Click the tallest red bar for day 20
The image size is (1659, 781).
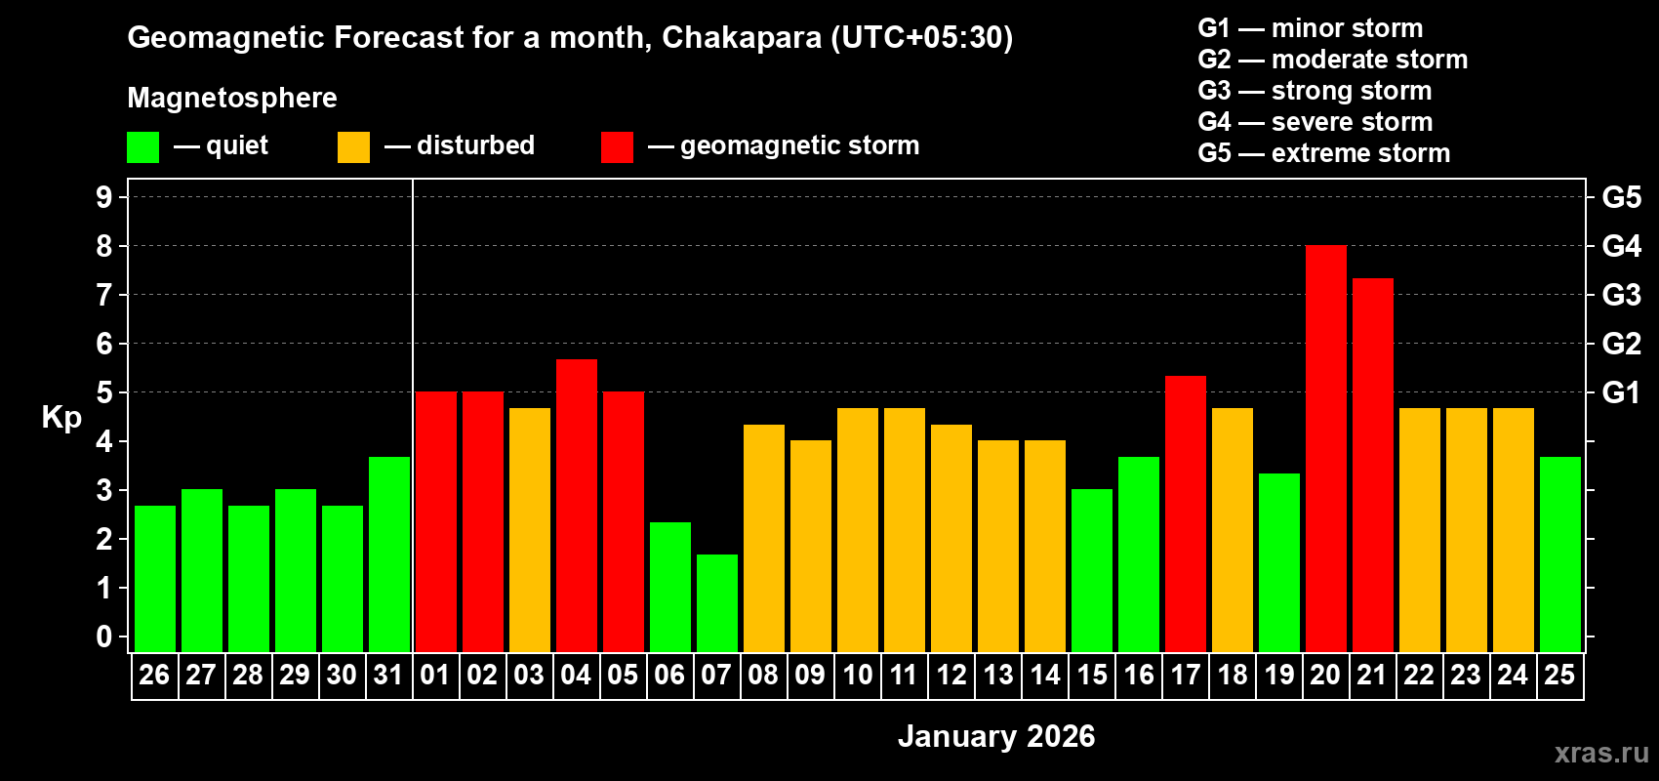1325,449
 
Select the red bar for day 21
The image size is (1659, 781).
1372,466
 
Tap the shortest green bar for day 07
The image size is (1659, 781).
716,603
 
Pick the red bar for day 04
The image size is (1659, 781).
576,506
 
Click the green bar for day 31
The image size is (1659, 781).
388,555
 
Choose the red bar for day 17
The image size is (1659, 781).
1185,514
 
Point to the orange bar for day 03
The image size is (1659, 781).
529,530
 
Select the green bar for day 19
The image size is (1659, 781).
1278,563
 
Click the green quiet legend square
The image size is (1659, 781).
142,147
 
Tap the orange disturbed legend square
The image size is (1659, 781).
353,147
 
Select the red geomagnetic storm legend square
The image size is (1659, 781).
617,147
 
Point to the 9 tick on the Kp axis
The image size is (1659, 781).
104,197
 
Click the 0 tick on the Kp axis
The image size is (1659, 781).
104,637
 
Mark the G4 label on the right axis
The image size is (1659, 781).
1621,246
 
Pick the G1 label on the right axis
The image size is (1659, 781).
1621,392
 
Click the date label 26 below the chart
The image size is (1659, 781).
154,676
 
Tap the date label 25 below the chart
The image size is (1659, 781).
1559,676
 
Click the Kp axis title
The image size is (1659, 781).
61,418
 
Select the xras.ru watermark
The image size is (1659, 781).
1601,753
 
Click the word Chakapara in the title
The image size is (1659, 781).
742,37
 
